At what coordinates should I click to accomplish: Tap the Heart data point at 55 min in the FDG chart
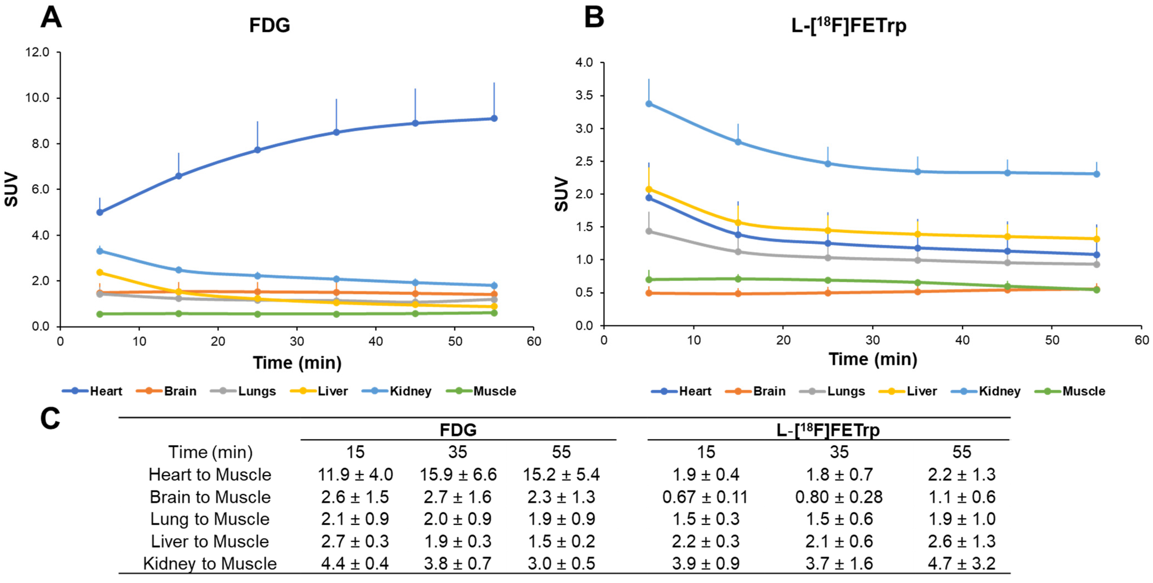(x=494, y=118)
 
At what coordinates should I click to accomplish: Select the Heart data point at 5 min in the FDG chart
(x=100, y=212)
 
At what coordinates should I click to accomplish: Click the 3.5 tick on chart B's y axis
(x=584, y=95)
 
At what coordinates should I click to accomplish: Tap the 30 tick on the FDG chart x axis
(x=297, y=342)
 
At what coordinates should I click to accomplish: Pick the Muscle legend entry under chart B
(x=1071, y=391)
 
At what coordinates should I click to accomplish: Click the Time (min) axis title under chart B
(x=873, y=359)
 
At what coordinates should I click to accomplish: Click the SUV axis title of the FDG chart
(x=11, y=189)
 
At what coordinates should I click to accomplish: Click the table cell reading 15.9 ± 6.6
(x=458, y=475)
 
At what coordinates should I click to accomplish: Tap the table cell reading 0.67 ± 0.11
(x=706, y=497)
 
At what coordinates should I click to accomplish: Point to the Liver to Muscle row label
(x=210, y=541)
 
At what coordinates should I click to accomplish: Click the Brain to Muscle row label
(x=210, y=497)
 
